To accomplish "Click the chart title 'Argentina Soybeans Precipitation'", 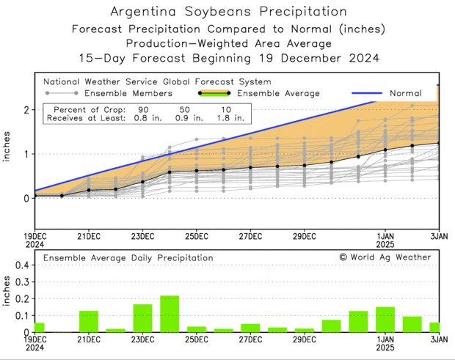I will pyautogui.click(x=228, y=12).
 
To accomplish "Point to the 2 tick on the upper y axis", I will pyautogui.click(x=26, y=110).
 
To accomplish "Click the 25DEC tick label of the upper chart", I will pyautogui.click(x=197, y=236).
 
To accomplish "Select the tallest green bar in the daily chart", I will pyautogui.click(x=170, y=314).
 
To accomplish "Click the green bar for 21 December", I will pyautogui.click(x=89, y=321).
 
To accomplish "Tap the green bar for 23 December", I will pyautogui.click(x=142, y=318).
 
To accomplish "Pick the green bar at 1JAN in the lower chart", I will pyautogui.click(x=385, y=320).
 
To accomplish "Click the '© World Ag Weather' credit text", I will pyautogui.click(x=385, y=257).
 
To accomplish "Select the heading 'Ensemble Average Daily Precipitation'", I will pyautogui.click(x=128, y=258).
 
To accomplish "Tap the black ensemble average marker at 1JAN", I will pyautogui.click(x=385, y=150).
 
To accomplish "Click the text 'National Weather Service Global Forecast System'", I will pyautogui.click(x=157, y=82).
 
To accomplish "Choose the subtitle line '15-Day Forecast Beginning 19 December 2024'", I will pyautogui.click(x=228, y=57).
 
